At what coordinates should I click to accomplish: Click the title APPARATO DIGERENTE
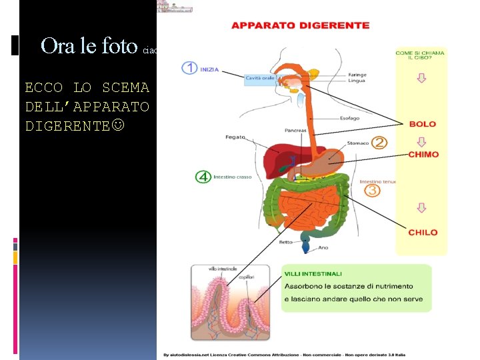(x=300, y=25)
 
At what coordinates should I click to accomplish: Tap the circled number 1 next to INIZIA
(x=189, y=67)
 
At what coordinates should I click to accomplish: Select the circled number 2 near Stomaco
(x=379, y=142)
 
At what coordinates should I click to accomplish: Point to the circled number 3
(x=372, y=191)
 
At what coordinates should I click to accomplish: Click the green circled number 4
(x=203, y=177)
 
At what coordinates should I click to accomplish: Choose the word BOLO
(x=423, y=124)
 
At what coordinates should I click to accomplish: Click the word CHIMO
(x=423, y=155)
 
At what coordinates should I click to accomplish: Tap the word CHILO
(x=423, y=233)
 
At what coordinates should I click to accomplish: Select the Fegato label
(x=235, y=137)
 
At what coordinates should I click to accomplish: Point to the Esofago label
(x=348, y=118)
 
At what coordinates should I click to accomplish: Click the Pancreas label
(x=295, y=131)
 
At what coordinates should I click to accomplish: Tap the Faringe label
(x=357, y=75)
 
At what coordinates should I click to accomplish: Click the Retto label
(x=286, y=242)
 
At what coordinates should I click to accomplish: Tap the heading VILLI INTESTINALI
(x=313, y=273)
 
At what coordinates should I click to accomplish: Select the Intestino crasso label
(x=232, y=177)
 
